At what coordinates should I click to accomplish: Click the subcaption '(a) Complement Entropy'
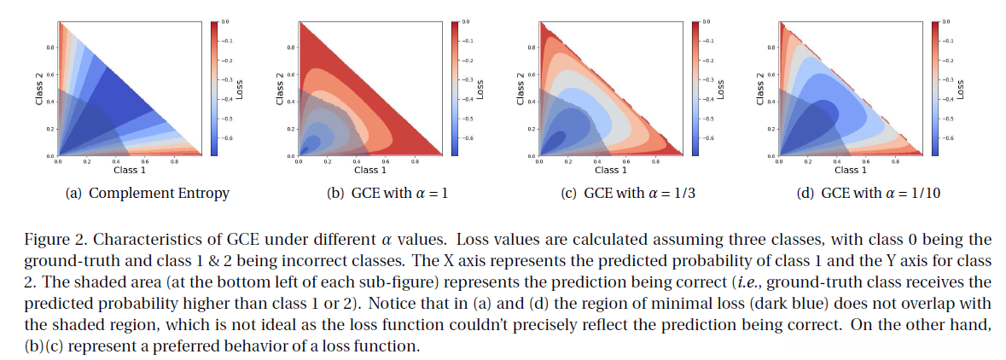(x=148, y=194)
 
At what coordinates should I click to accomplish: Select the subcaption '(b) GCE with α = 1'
(x=388, y=194)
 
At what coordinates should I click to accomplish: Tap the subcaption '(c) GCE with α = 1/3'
(x=627, y=194)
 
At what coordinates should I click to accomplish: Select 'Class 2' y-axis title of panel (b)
(x=280, y=89)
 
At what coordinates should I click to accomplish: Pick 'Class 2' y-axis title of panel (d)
(x=759, y=89)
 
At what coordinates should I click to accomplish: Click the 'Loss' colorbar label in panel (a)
(x=239, y=89)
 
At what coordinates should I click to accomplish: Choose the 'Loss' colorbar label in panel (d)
(x=961, y=89)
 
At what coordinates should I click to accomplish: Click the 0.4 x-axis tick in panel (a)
(x=116, y=161)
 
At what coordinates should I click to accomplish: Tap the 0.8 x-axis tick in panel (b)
(x=416, y=161)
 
